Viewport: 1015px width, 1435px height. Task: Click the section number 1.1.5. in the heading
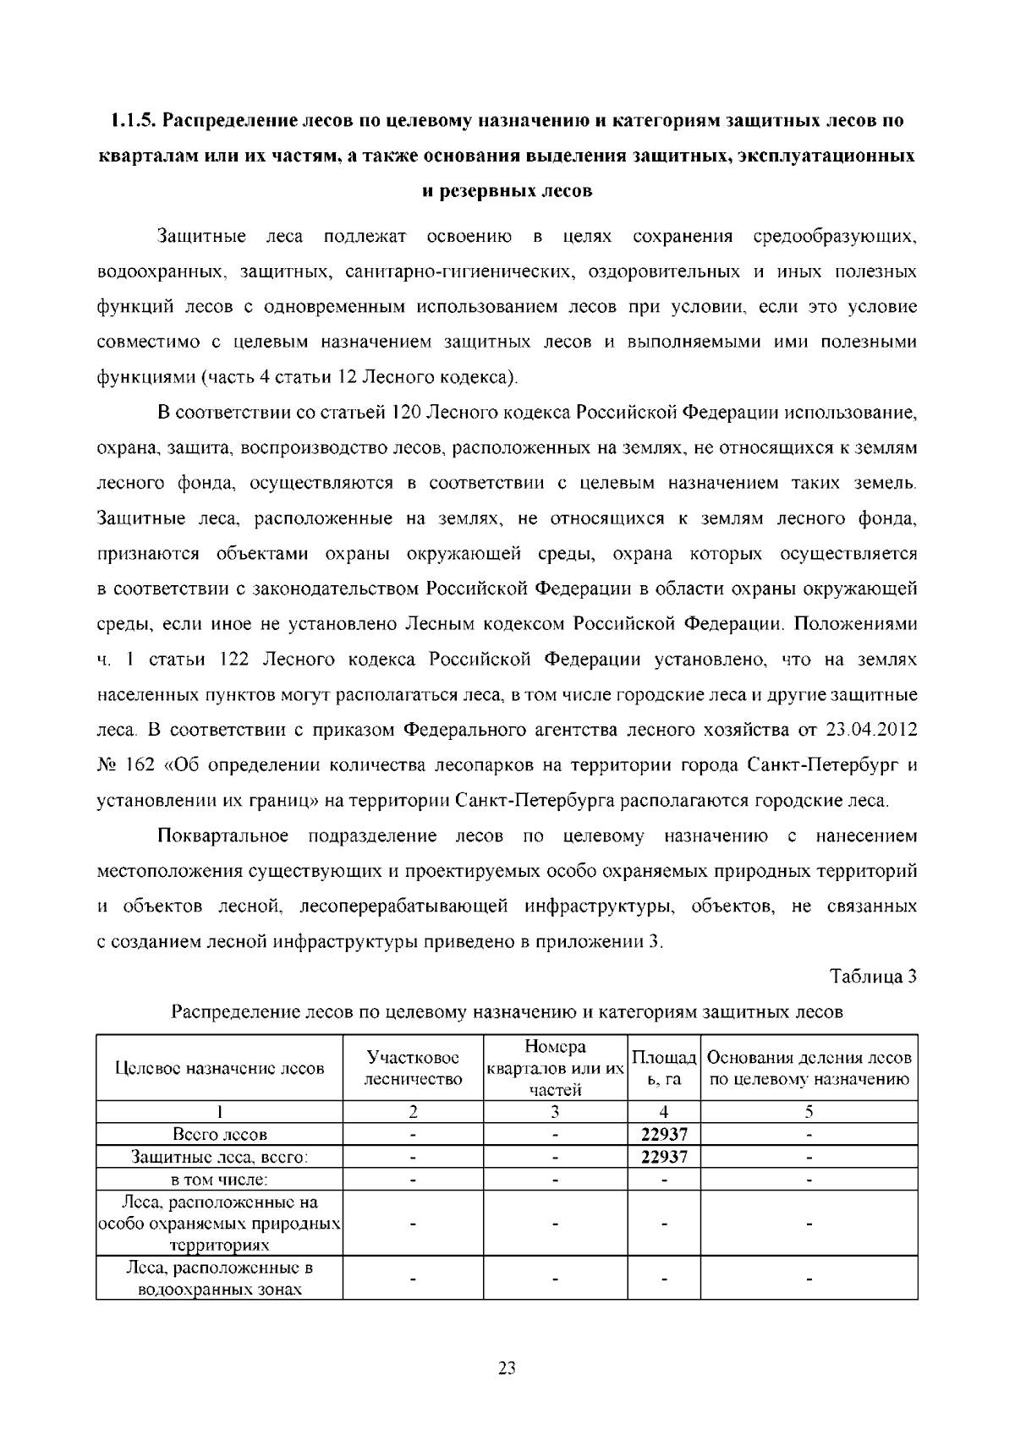tap(134, 121)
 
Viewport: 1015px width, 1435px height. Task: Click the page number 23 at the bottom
tap(507, 1368)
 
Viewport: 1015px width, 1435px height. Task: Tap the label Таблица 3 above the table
tap(874, 977)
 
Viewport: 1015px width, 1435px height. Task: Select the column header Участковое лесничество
tap(413, 1068)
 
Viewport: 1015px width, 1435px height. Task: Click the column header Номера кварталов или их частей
tap(555, 1068)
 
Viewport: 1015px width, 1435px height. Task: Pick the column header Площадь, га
tap(664, 1069)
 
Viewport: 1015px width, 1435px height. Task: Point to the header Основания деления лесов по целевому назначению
tap(809, 1068)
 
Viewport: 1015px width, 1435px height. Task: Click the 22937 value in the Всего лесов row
tap(664, 1135)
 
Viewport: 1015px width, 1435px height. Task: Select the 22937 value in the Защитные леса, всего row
tap(664, 1157)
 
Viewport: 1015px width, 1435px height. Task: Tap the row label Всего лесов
tap(220, 1135)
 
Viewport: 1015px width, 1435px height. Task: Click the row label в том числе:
tap(220, 1179)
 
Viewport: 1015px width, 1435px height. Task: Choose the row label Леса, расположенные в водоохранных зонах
tap(220, 1279)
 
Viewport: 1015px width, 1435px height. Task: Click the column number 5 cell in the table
tap(809, 1112)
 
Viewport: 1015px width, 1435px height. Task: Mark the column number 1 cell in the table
tap(220, 1112)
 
